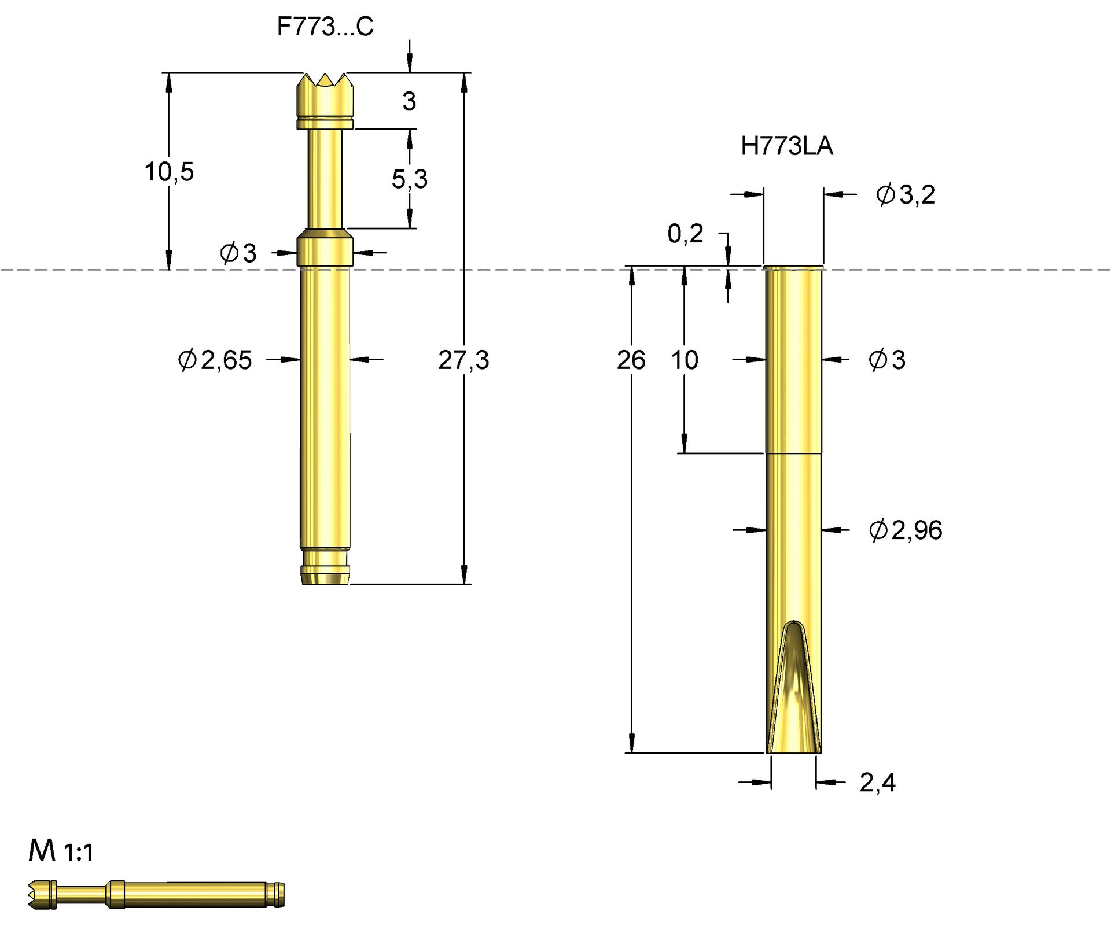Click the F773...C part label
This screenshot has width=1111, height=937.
pos(325,27)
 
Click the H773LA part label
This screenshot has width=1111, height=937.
pos(786,146)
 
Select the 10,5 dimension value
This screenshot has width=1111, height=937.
pos(169,172)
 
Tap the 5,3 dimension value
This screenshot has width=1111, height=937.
pos(409,179)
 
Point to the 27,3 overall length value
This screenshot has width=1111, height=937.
pos(463,360)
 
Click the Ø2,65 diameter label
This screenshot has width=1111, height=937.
pos(215,360)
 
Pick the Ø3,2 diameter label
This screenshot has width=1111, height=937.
pos(905,194)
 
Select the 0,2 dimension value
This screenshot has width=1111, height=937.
pos(685,234)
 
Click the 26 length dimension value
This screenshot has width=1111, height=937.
pos(631,360)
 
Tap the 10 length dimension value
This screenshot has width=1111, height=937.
pos(685,360)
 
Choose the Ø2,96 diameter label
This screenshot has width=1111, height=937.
pos(905,530)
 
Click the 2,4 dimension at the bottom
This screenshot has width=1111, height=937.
pos(877,783)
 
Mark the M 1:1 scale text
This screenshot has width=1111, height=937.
pos(61,851)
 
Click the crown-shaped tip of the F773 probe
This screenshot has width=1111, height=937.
pos(325,93)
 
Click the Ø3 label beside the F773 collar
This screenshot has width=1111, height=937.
pos(238,253)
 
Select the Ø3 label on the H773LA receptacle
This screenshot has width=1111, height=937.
pos(886,360)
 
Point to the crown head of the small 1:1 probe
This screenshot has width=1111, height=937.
pos(41,895)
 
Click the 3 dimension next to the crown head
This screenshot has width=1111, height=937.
pos(409,101)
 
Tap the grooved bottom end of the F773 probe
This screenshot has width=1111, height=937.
pos(325,567)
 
